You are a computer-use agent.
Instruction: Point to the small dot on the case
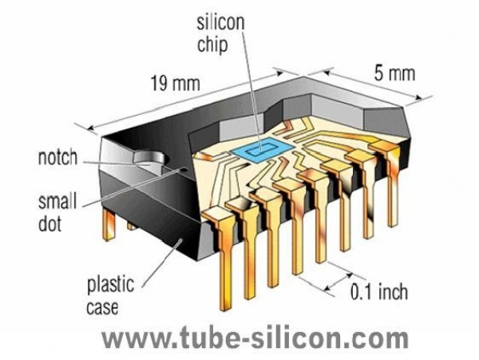pyautogui.click(x=184, y=169)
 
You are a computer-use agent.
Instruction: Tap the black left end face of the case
pyautogui.click(x=136, y=204)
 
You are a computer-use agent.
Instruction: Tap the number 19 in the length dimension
pyautogui.click(x=159, y=81)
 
